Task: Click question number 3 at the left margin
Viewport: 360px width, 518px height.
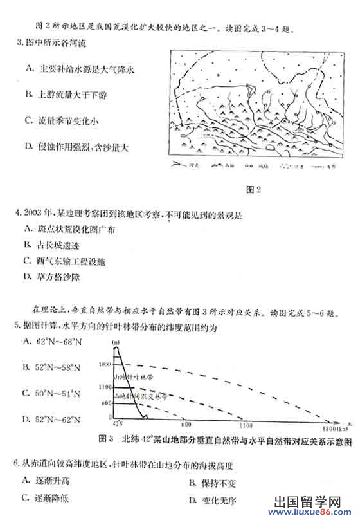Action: click(18, 43)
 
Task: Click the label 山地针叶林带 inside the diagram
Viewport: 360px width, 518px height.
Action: click(134, 375)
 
